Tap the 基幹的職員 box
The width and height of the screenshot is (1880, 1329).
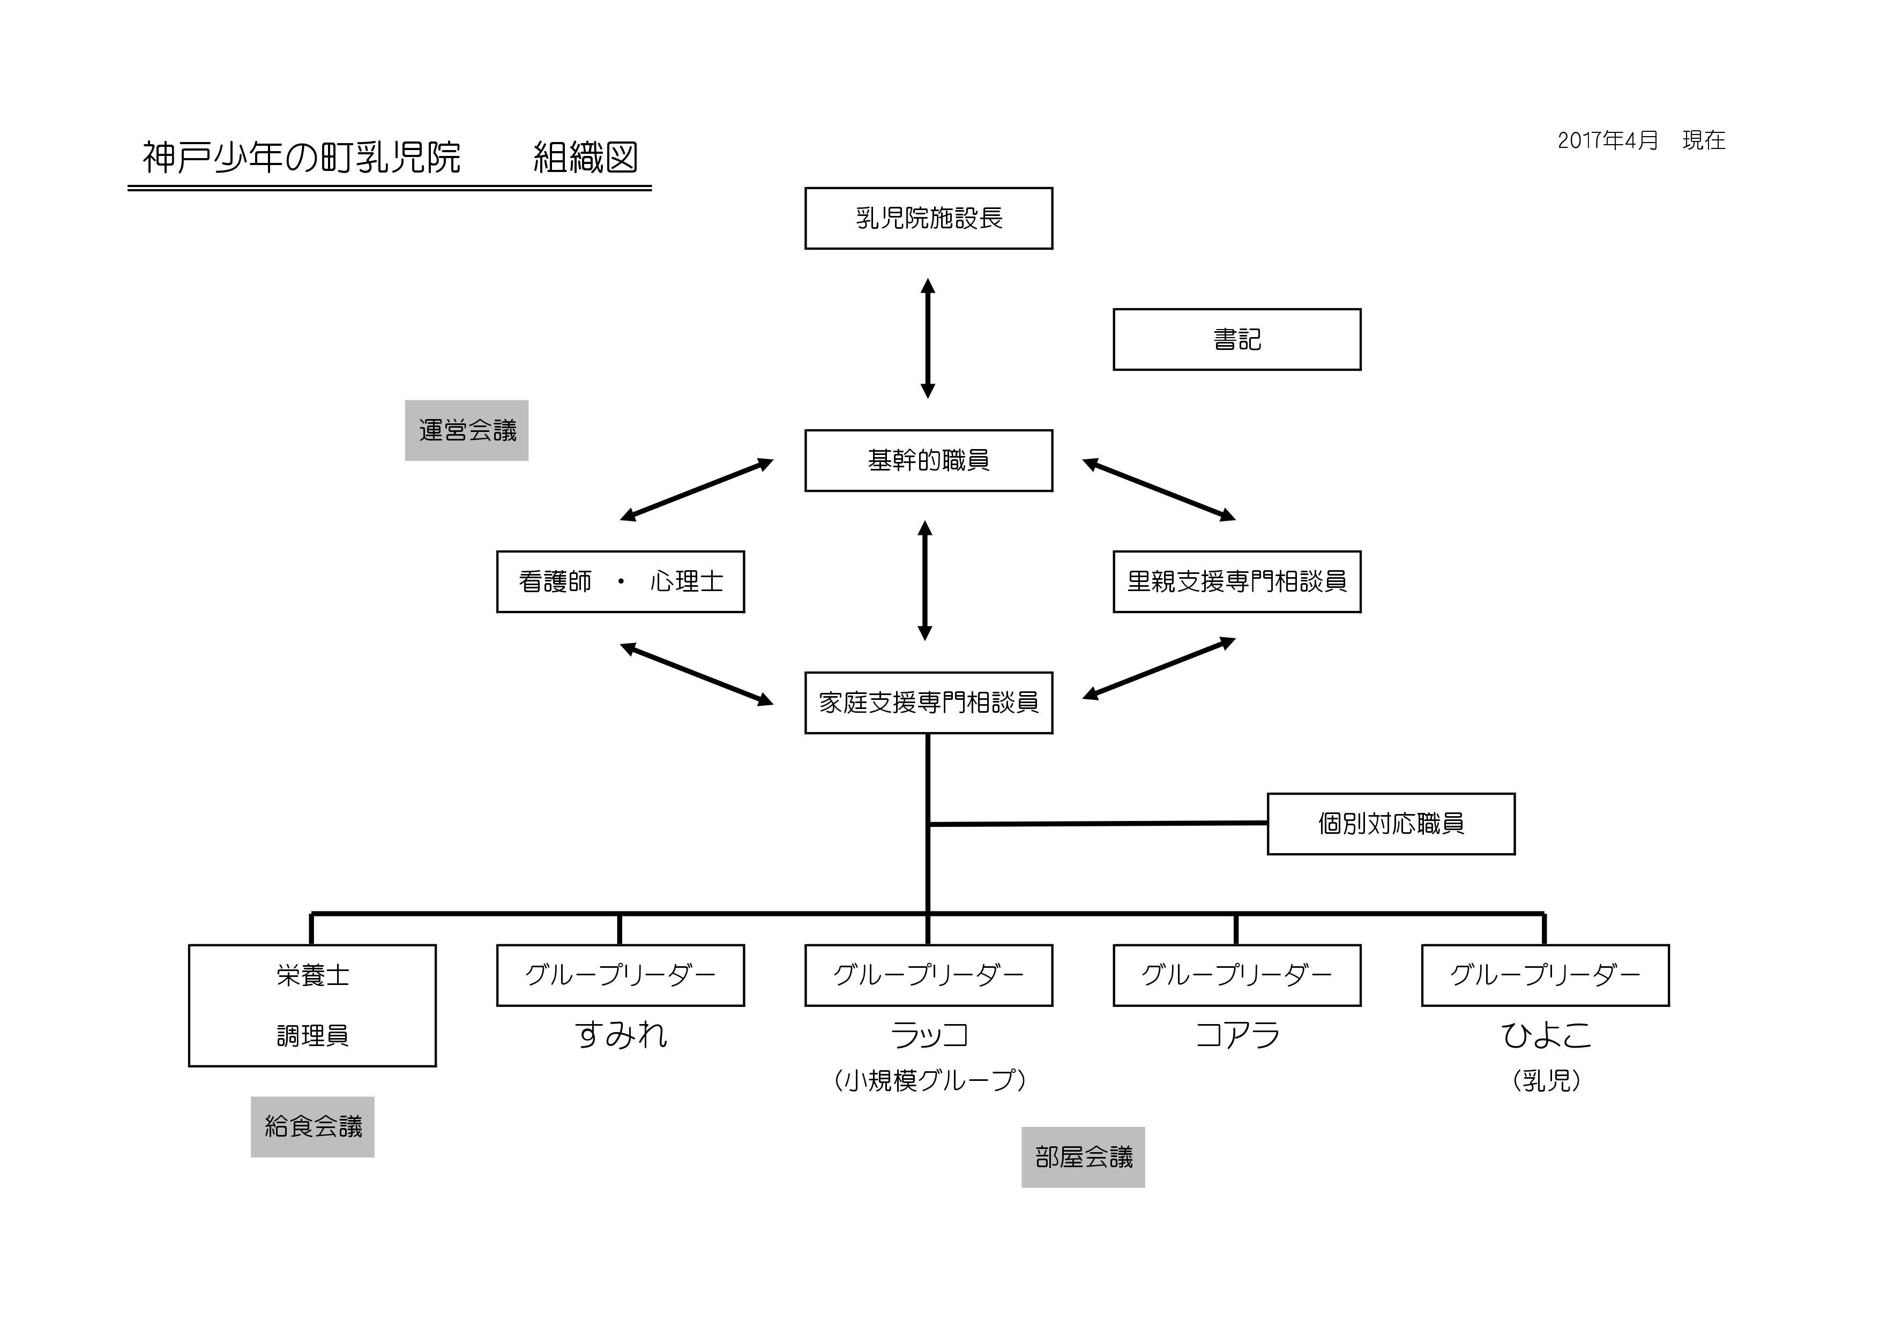click(x=929, y=461)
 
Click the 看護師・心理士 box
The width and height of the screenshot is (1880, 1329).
click(x=621, y=582)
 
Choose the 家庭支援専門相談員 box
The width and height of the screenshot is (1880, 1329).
click(x=929, y=703)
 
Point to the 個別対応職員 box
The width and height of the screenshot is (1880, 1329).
click(x=1391, y=824)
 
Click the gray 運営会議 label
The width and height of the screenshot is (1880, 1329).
click(x=467, y=431)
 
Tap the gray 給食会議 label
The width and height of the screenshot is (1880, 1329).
click(x=313, y=1127)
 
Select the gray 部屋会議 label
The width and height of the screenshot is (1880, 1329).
click(x=1083, y=1157)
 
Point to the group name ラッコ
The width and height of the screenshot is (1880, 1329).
click(x=929, y=1035)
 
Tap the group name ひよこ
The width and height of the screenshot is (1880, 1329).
click(x=1546, y=1035)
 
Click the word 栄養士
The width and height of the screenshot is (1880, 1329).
click(x=313, y=975)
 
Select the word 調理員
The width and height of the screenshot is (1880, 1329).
click(x=313, y=1036)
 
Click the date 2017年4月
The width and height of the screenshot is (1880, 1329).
click(x=1607, y=141)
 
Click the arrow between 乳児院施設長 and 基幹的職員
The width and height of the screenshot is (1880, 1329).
click(x=928, y=338)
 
